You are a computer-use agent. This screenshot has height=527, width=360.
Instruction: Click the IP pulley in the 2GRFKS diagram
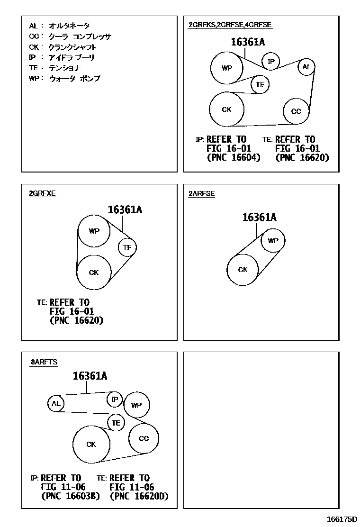pos(271,61)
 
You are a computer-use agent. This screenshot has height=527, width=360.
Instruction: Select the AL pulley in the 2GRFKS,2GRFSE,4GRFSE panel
pos(306,67)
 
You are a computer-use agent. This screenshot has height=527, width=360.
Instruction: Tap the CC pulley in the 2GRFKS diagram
pos(296,112)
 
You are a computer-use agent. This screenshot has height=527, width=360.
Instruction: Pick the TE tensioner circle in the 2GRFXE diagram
pos(127,247)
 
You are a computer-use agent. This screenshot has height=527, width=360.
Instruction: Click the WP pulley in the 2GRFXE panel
pos(94,231)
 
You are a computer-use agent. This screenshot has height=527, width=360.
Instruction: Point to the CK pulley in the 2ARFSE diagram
pos(243,270)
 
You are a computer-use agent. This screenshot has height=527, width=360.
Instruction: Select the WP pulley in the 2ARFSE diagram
pos(273,241)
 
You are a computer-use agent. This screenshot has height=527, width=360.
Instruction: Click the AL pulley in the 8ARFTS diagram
pos(56,404)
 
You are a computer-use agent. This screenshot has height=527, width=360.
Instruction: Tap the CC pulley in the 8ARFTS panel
pos(144,439)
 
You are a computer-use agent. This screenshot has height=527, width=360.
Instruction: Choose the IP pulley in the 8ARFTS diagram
pos(115,400)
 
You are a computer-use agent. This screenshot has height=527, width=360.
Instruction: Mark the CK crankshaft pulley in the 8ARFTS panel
pos(91,445)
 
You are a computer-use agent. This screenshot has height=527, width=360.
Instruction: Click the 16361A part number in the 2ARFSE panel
pos(259,218)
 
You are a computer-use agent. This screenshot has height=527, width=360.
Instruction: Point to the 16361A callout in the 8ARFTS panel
pos(90,376)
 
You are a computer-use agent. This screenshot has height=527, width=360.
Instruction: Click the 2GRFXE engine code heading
pos(42,194)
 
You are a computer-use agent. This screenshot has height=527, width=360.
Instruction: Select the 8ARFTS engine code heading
pos(44,363)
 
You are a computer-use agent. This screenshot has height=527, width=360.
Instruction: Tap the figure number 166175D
pos(341,519)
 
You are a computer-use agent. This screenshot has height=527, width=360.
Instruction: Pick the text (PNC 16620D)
pos(139,497)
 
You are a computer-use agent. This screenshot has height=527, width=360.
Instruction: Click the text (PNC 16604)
pos(234,158)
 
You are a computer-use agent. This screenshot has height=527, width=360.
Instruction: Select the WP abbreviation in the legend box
pos(34,79)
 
